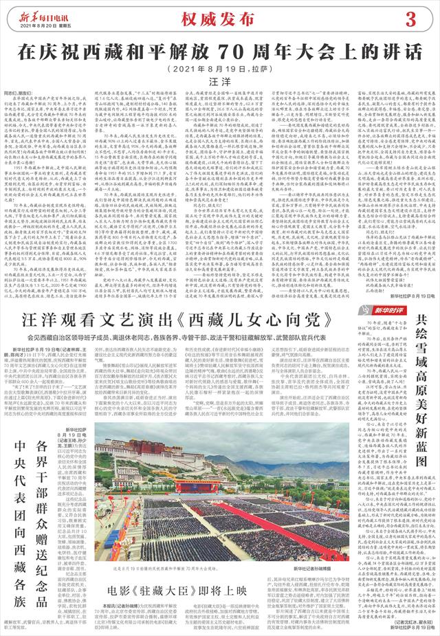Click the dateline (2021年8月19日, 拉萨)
pos(218,69)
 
